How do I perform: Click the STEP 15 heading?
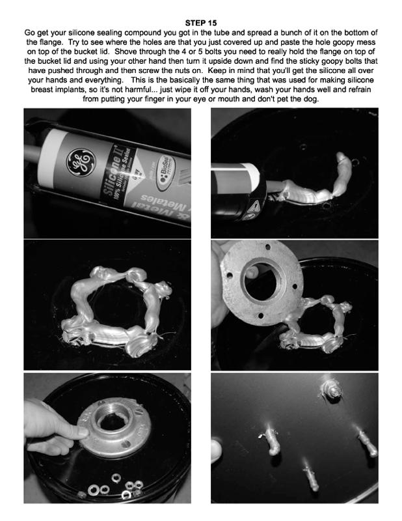(x=201, y=23)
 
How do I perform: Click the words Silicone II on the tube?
(x=114, y=170)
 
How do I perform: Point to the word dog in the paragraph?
(x=312, y=99)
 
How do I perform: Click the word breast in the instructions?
(x=42, y=89)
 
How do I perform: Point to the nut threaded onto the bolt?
(x=331, y=388)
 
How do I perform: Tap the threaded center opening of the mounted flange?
(x=111, y=420)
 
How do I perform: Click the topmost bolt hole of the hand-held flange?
(x=268, y=247)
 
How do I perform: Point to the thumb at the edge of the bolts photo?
(x=216, y=451)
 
